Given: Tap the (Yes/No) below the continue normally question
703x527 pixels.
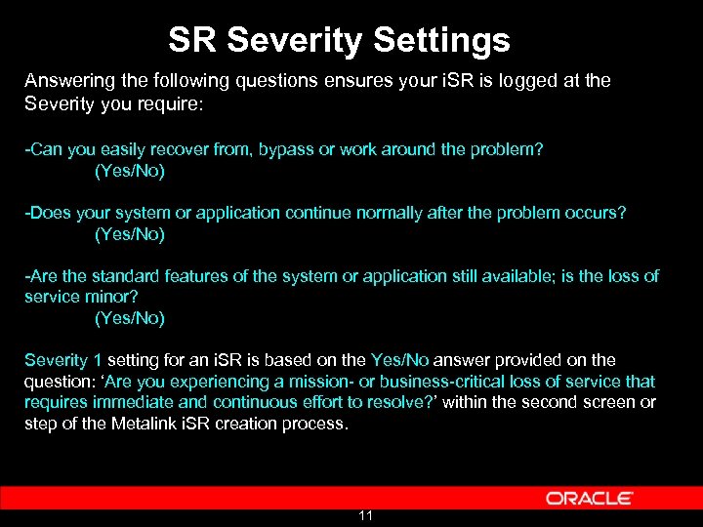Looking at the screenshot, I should [129, 234].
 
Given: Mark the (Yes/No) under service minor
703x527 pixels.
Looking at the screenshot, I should [129, 318].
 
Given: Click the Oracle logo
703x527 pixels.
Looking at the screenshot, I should [589, 498].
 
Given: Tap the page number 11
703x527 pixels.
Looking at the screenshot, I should [366, 515].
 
